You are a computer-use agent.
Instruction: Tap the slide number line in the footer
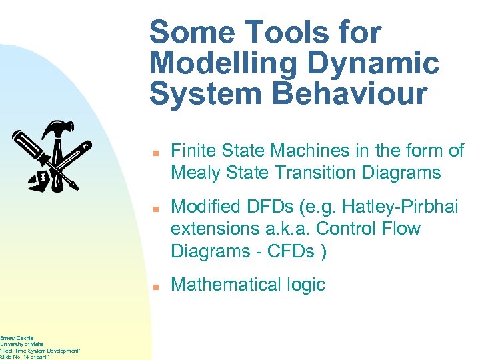(26, 357)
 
